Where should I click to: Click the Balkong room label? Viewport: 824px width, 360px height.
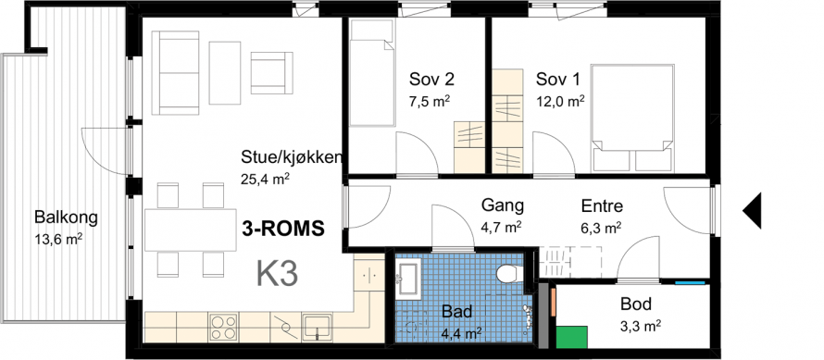pyautogui.click(x=67, y=217)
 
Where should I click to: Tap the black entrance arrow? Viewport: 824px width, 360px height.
pyautogui.click(x=753, y=210)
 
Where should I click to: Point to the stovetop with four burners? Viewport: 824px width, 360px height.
pyautogui.click(x=223, y=327)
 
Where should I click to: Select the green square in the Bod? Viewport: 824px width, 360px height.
pyautogui.click(x=572, y=336)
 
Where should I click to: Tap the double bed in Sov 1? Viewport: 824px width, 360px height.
pyautogui.click(x=632, y=118)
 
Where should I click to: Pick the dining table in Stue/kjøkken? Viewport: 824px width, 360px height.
pyautogui.click(x=191, y=230)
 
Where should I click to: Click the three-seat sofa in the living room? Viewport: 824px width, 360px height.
pyautogui.click(x=176, y=72)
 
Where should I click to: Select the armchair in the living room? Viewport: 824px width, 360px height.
pyautogui.click(x=271, y=72)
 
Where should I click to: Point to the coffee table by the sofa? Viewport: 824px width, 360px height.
pyautogui.click(x=225, y=72)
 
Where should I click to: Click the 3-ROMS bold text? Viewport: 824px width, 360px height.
pyautogui.click(x=282, y=229)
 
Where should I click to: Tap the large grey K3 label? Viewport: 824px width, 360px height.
pyautogui.click(x=278, y=274)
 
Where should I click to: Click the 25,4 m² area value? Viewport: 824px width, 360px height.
pyautogui.click(x=266, y=180)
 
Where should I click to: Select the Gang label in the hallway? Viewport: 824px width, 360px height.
pyautogui.click(x=503, y=205)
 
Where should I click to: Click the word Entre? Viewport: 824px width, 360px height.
pyautogui.click(x=602, y=205)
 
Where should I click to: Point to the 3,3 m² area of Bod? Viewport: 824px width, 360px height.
pyautogui.click(x=640, y=327)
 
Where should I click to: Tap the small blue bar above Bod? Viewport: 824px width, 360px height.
pyautogui.click(x=690, y=283)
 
